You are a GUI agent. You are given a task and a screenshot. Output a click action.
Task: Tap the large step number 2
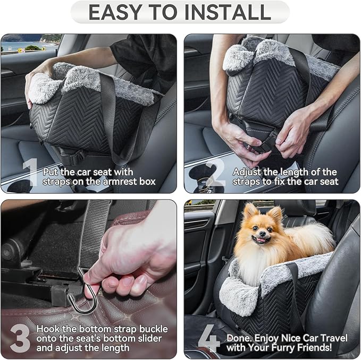tap(215, 174)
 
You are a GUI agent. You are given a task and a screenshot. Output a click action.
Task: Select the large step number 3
tap(20, 338)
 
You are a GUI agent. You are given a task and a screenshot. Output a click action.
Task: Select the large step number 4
tap(208, 339)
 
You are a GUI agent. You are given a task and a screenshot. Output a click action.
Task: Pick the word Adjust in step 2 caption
tap(247, 172)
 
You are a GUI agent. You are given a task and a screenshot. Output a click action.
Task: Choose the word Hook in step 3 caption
tap(47, 329)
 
